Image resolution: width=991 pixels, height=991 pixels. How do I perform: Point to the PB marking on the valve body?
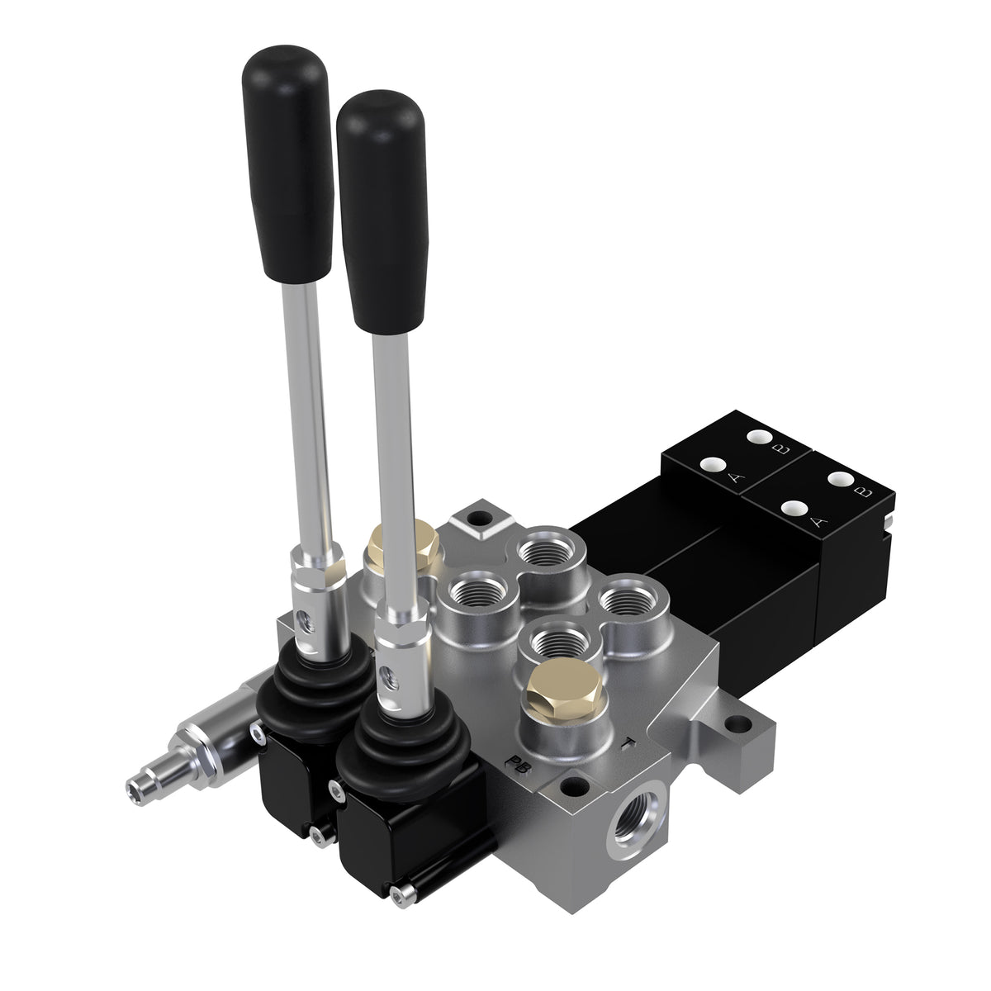tap(518, 761)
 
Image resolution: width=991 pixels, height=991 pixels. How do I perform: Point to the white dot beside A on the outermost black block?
tap(796, 507)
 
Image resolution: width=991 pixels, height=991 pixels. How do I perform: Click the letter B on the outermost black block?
tap(864, 493)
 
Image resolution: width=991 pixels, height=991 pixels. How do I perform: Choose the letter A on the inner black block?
tap(733, 479)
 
